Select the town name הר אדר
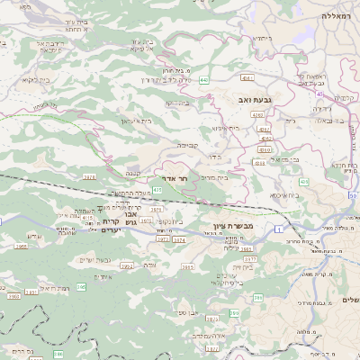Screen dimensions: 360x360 [x=175, y=178]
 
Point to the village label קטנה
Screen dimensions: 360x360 [x=132, y=172]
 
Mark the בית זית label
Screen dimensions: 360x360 [x=240, y=267]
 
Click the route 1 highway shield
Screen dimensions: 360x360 [x=278, y=231]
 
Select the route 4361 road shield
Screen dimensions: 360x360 [x=260, y=163]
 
